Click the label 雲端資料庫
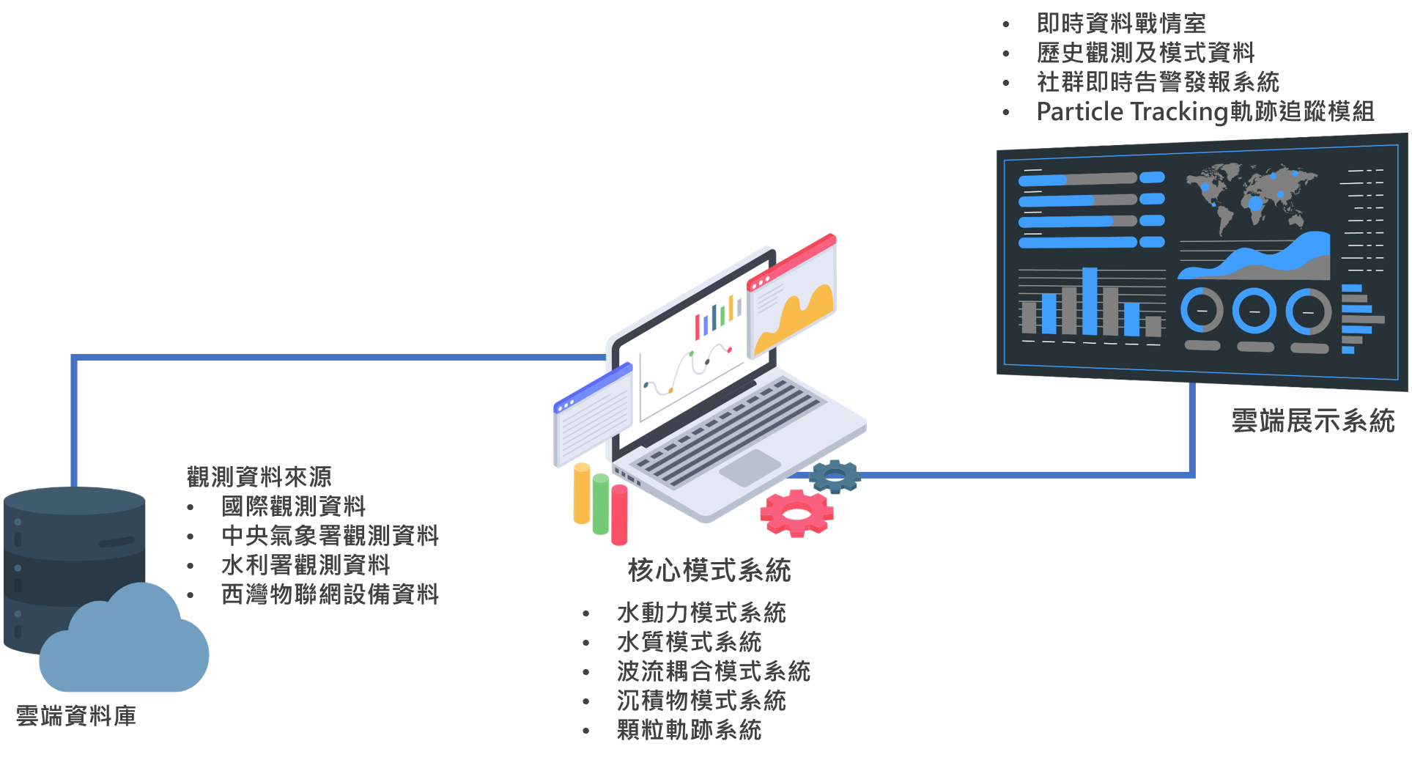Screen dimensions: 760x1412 76,716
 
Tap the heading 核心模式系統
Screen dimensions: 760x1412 709,570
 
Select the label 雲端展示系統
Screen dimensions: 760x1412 1312,421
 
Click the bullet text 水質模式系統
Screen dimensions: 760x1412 689,642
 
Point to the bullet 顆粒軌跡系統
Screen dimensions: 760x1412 689,730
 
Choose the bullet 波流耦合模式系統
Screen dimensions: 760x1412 713,671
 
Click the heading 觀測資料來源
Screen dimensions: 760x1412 259,476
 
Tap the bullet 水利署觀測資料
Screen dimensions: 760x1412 306,564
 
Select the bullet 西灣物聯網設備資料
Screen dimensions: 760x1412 330,594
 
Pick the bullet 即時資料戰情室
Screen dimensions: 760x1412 1121,23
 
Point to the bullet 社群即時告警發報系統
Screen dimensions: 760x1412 1158,82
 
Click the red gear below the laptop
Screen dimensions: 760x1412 796,512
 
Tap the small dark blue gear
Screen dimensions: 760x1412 835,476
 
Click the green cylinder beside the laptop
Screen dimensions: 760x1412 601,503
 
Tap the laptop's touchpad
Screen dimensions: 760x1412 750,468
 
